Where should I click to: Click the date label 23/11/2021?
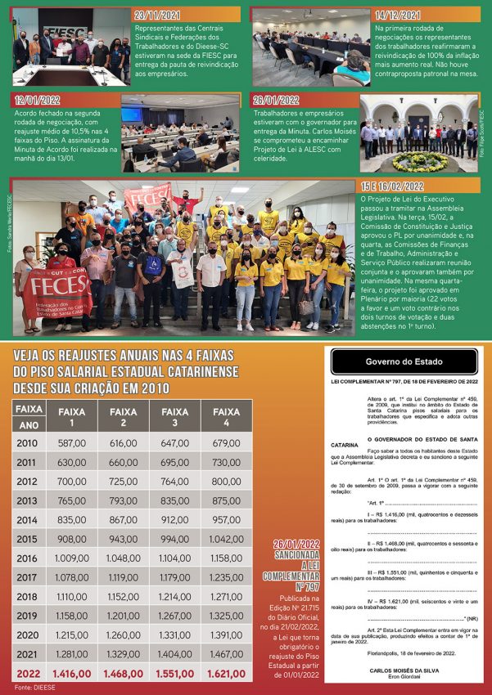pos(157,15)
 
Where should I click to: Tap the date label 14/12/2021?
pos(398,15)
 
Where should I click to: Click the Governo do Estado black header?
pos(401,361)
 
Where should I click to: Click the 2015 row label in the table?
pos(27,538)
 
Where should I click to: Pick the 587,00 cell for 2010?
pos(72,443)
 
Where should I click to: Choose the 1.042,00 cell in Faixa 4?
pos(225,539)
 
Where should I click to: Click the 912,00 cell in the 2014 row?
pos(174,519)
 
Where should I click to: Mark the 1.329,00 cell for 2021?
pos(123,654)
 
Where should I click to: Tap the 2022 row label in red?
pos(28,674)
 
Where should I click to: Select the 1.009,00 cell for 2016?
pos(72,558)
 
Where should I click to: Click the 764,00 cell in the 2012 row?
pos(174,481)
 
